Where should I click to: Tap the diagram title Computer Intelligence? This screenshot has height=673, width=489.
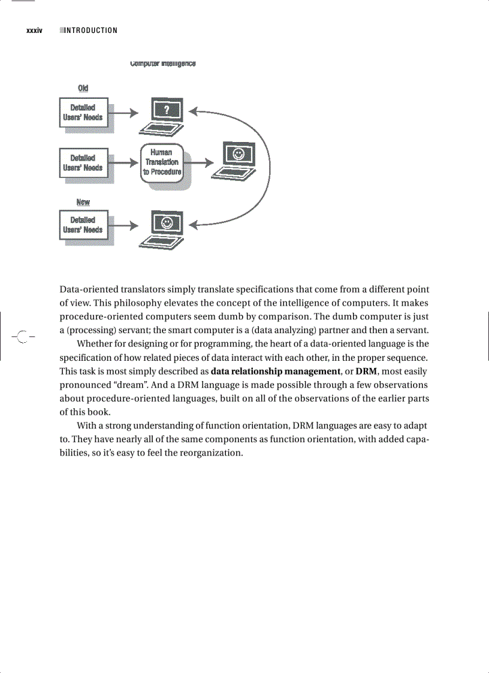tap(162, 64)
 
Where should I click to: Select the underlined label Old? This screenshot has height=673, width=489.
tap(83, 89)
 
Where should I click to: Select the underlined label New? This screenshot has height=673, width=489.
tap(83, 202)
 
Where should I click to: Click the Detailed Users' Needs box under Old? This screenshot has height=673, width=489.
tap(83, 112)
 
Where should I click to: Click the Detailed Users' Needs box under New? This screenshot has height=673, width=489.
tap(83, 225)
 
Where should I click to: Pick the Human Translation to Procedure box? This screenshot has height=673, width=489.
tap(161, 162)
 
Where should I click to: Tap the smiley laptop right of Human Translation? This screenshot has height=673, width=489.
tap(237, 160)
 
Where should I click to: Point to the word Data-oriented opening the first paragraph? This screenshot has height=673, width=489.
tap(88, 289)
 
